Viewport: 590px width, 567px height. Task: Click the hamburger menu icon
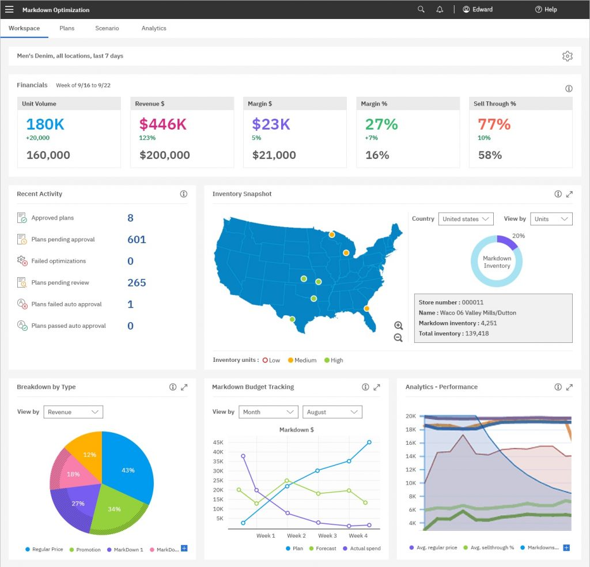[x=9, y=9]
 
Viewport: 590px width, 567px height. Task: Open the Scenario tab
[x=107, y=28]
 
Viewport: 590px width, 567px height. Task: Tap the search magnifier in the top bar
[x=421, y=9]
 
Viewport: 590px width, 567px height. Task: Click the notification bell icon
[x=440, y=9]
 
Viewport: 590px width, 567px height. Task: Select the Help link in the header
[x=546, y=9]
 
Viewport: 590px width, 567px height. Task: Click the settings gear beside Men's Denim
[x=568, y=56]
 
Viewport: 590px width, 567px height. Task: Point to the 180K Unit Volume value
[x=45, y=124]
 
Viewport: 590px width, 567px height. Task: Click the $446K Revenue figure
[x=162, y=124]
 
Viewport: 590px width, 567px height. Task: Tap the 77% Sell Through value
[x=494, y=124]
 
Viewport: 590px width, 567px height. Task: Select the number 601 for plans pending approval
[x=137, y=240]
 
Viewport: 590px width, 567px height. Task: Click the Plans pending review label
[x=60, y=282]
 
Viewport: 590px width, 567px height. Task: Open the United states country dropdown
[x=466, y=219]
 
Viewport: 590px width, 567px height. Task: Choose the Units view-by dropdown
[x=551, y=219]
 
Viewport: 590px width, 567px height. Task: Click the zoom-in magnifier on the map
[x=398, y=326]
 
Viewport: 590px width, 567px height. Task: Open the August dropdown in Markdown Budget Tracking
[x=332, y=412]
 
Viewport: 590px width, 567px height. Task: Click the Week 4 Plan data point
[x=369, y=443]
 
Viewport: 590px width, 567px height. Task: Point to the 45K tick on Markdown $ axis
[x=218, y=443]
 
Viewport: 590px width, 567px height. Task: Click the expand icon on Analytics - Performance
[x=569, y=387]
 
